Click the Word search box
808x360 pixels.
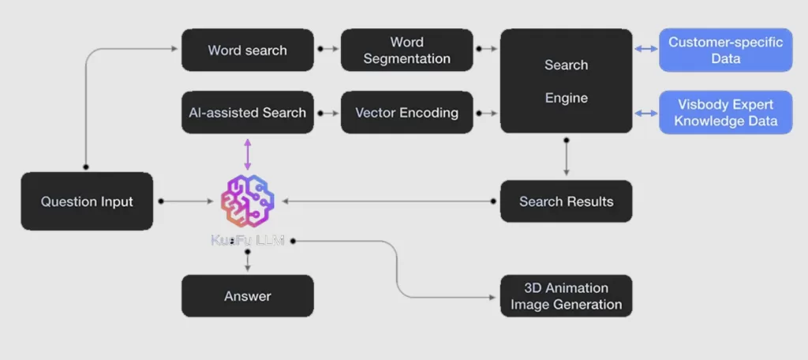[x=248, y=50]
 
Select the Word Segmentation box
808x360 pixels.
[x=406, y=50]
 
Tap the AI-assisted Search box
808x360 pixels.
[x=248, y=112]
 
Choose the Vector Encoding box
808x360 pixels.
[x=406, y=112]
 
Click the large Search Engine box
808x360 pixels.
[x=566, y=81]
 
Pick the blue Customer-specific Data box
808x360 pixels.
[x=725, y=50]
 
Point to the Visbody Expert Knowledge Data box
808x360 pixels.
[x=725, y=112]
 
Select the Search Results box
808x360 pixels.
[x=566, y=201]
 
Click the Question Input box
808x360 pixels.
[x=87, y=201]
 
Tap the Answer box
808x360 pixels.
[x=248, y=296]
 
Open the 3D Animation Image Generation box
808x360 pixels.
[x=566, y=296]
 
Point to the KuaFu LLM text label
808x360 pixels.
[x=248, y=240]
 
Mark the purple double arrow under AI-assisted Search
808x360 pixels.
[x=248, y=154]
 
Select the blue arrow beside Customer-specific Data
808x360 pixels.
[x=646, y=50]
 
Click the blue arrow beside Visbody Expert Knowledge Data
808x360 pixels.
[x=646, y=113]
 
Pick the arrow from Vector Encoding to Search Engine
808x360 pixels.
[x=487, y=113]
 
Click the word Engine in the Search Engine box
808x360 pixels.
[x=566, y=98]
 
